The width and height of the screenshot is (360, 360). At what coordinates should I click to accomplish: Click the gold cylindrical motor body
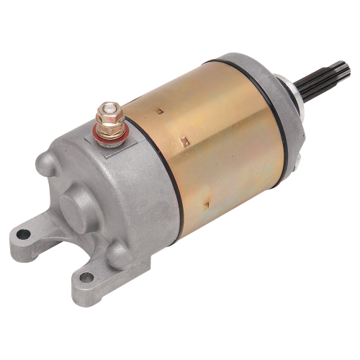pos(223,151)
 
